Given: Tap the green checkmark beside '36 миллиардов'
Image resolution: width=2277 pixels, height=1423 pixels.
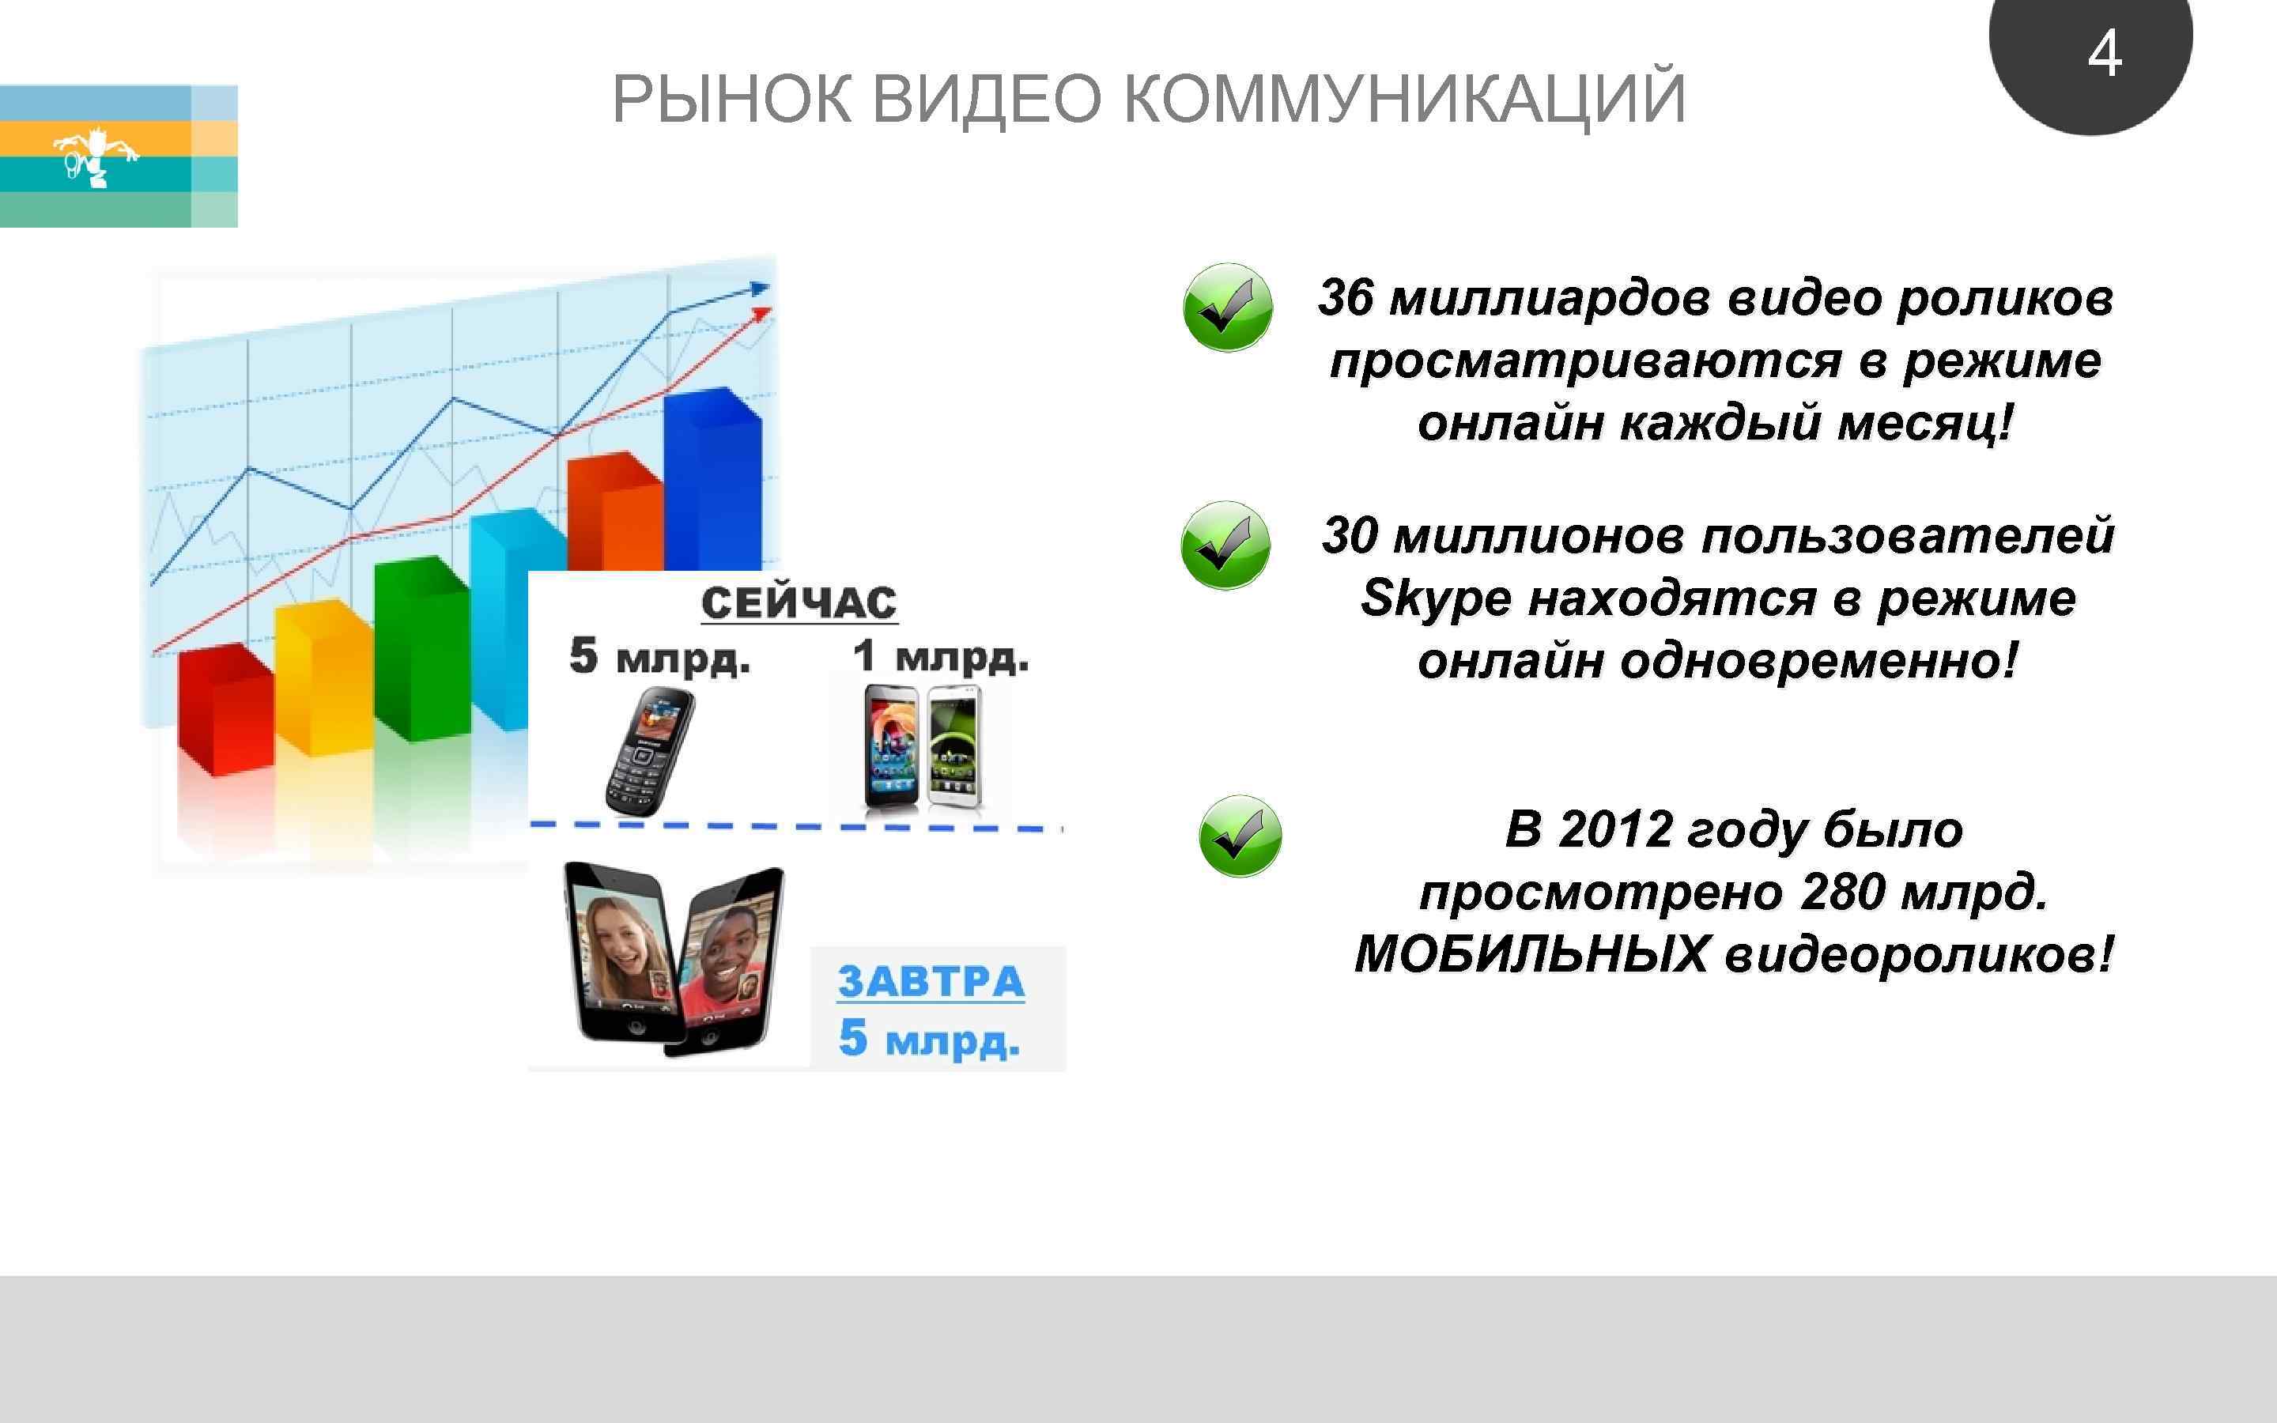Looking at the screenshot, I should coord(1227,308).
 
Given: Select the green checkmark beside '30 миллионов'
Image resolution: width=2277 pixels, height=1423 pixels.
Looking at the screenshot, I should coord(1225,545).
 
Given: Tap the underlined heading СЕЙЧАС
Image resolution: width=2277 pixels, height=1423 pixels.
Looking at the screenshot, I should coord(799,603).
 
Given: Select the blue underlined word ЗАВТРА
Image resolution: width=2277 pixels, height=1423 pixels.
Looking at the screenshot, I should coord(931,982).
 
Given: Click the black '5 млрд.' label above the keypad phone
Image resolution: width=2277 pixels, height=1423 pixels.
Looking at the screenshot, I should coord(659,656).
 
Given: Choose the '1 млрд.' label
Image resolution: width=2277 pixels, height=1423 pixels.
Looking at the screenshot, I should coord(940,656).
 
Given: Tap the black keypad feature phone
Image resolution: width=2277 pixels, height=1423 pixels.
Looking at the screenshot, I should coord(648,750).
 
